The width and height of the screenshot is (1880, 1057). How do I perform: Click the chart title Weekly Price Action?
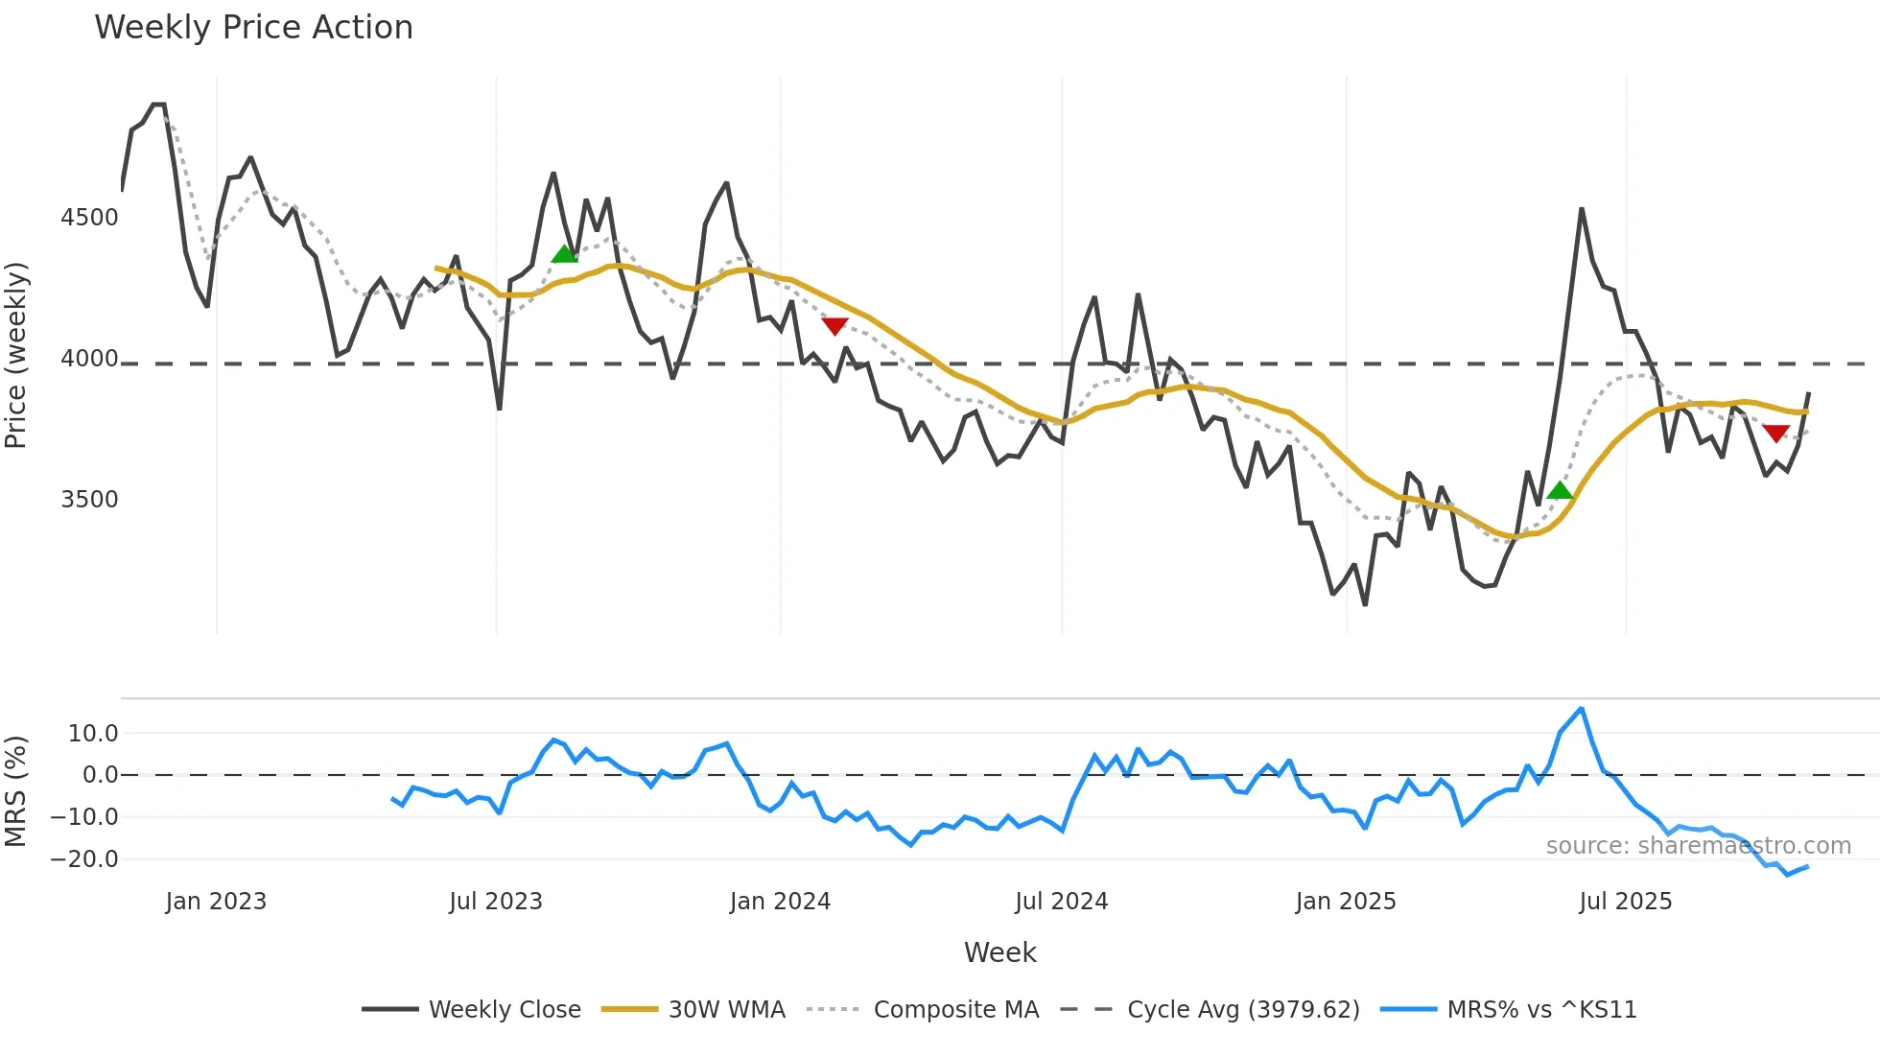pyautogui.click(x=253, y=28)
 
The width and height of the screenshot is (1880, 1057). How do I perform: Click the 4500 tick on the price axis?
pyautogui.click(x=89, y=218)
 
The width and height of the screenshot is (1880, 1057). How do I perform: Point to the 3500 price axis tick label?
pyautogui.click(x=89, y=500)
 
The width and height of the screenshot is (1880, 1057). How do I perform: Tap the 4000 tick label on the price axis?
pyautogui.click(x=89, y=359)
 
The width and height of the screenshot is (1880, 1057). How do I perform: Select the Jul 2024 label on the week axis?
pyautogui.click(x=1061, y=902)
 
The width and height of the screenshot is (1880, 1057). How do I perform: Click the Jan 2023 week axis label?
pyautogui.click(x=216, y=902)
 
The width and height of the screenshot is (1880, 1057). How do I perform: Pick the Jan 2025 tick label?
pyautogui.click(x=1345, y=902)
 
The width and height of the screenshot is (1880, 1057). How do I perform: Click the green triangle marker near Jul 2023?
pyautogui.click(x=564, y=254)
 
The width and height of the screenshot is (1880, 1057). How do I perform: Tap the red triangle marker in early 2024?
pyautogui.click(x=834, y=326)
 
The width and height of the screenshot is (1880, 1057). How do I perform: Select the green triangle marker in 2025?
pyautogui.click(x=1560, y=491)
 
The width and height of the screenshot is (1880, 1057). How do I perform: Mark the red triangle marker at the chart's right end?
pyautogui.click(x=1775, y=434)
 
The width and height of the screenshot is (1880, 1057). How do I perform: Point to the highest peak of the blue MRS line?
pyautogui.click(x=1581, y=709)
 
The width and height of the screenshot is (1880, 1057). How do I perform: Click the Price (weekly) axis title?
pyautogui.click(x=16, y=355)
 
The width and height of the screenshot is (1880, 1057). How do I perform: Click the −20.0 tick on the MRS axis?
pyautogui.click(x=84, y=859)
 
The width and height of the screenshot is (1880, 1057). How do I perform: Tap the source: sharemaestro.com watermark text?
pyautogui.click(x=1698, y=846)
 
